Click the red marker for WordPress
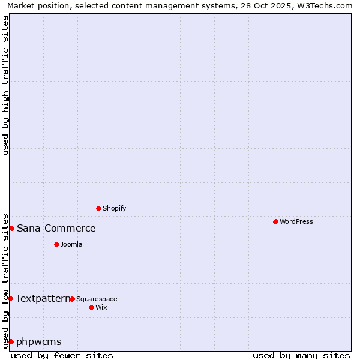coord(275,221)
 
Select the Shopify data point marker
coord(98,208)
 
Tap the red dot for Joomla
coord(56,244)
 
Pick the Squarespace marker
coord(72,299)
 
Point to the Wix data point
coord(91,307)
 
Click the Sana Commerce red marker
coord(11,228)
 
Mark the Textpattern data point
coord(10,298)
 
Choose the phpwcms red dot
coord(11,341)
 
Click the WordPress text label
coord(296,221)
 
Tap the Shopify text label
coord(114,208)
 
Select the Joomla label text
coord(71,244)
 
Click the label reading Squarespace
coord(97,299)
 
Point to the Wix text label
coord(101,307)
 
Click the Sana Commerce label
coord(56,228)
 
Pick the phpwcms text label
coord(39,341)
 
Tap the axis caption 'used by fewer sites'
coord(62,355)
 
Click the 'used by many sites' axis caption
coord(301,355)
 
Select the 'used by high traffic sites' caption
coord(5,85)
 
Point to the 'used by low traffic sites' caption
coord(5,280)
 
